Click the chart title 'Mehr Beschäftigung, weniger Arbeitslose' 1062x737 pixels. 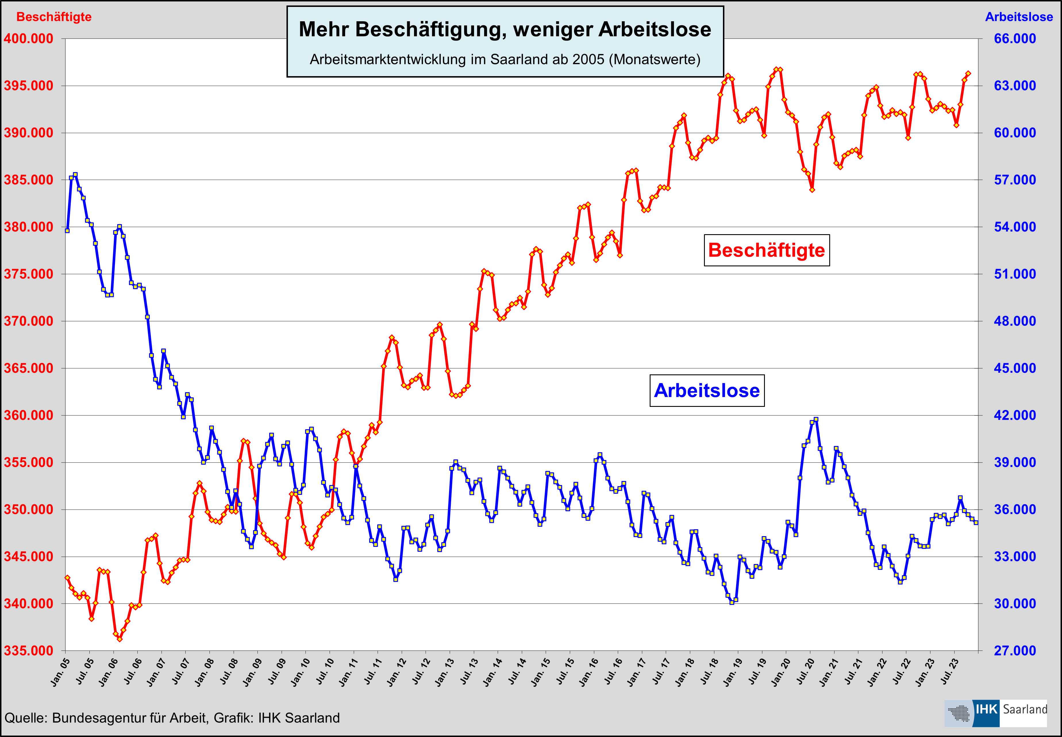(x=505, y=30)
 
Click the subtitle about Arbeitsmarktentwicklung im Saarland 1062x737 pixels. (x=505, y=59)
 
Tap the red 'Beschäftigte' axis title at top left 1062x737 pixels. (x=54, y=17)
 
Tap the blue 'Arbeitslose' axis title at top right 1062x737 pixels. (x=1019, y=17)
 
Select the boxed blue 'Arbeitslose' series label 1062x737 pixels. (x=707, y=391)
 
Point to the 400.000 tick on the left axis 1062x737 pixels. (x=29, y=39)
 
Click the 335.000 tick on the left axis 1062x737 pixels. (x=29, y=651)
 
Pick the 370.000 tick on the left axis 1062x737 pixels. (x=29, y=321)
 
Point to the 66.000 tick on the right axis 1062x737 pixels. (x=1014, y=39)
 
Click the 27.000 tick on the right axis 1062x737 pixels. (x=1014, y=651)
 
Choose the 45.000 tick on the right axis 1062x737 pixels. (x=1014, y=368)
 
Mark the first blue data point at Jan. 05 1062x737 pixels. (x=68, y=230)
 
